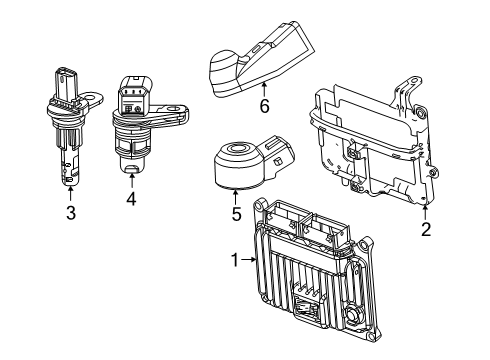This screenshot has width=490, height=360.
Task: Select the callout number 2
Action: [x=425, y=229]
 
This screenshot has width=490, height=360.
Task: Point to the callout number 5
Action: [x=235, y=213]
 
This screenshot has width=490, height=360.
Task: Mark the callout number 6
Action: [x=265, y=105]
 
